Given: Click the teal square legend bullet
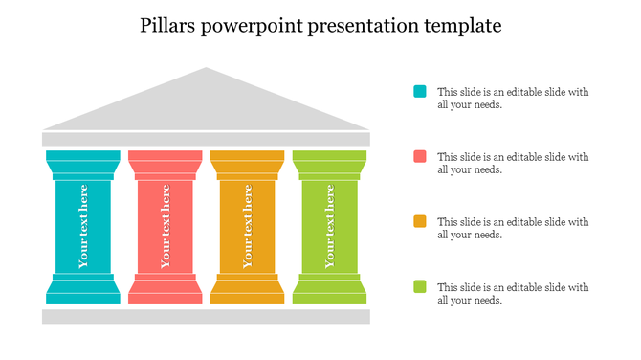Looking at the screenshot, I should (x=419, y=92).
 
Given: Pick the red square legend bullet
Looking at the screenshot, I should (x=419, y=156).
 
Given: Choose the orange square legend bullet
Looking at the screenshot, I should (x=419, y=221).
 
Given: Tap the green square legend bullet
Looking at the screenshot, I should (x=419, y=286).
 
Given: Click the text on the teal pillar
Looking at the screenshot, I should (x=83, y=227).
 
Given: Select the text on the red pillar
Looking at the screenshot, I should (x=166, y=227).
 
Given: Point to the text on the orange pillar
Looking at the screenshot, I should (x=248, y=227).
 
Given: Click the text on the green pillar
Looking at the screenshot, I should (x=330, y=227).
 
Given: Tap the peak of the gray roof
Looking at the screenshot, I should (x=206, y=71).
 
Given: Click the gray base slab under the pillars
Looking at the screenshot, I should (x=206, y=316).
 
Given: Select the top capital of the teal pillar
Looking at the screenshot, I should (x=83, y=162).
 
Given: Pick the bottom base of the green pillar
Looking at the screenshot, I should (x=330, y=291).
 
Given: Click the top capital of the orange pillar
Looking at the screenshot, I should (x=248, y=162).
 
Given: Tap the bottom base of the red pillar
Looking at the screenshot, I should (x=166, y=291).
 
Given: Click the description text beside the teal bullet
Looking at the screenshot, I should (x=513, y=99).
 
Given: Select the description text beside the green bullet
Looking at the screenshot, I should (x=513, y=294).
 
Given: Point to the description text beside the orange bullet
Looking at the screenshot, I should (x=513, y=228).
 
